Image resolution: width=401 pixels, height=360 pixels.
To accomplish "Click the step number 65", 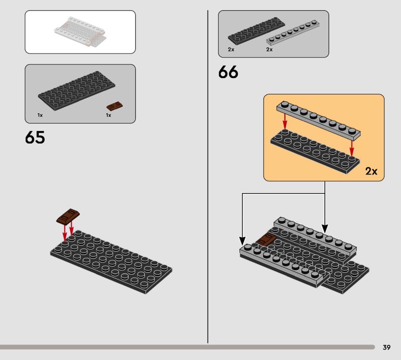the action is tap(35, 137).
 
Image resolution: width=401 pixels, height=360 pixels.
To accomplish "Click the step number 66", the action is tap(228, 72).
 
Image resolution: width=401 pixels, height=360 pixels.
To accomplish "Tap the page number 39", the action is tap(386, 347).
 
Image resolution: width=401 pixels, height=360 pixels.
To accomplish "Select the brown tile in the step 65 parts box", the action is tap(115, 106).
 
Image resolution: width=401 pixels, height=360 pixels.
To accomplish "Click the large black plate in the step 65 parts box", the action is tap(77, 91).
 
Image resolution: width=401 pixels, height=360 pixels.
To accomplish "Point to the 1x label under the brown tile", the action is tap(108, 115).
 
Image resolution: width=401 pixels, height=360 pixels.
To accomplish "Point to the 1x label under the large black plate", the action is tap(40, 115).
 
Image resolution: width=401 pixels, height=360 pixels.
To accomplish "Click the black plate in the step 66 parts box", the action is tap(256, 31).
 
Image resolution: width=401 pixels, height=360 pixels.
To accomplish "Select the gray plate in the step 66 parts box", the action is tap(293, 32).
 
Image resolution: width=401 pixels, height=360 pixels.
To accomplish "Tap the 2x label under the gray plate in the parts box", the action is tap(269, 49).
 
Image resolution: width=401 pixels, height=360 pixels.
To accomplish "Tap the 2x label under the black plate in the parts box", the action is tap(231, 49).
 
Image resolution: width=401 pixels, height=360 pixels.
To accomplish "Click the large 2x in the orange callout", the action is tap(371, 171).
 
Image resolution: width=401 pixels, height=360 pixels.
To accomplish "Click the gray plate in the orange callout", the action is tap(318, 120).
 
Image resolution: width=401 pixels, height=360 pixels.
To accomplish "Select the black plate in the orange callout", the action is tap(315, 151).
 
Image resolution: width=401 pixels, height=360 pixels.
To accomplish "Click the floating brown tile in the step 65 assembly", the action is tap(68, 217).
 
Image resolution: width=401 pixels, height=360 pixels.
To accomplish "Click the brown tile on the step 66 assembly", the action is tap(266, 240).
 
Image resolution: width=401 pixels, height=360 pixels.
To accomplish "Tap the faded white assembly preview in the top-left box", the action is tap(80, 32).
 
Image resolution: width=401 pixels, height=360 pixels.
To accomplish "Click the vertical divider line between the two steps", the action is tap(208, 176).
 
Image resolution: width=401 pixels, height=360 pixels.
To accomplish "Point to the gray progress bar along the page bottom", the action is tap(187, 347).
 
